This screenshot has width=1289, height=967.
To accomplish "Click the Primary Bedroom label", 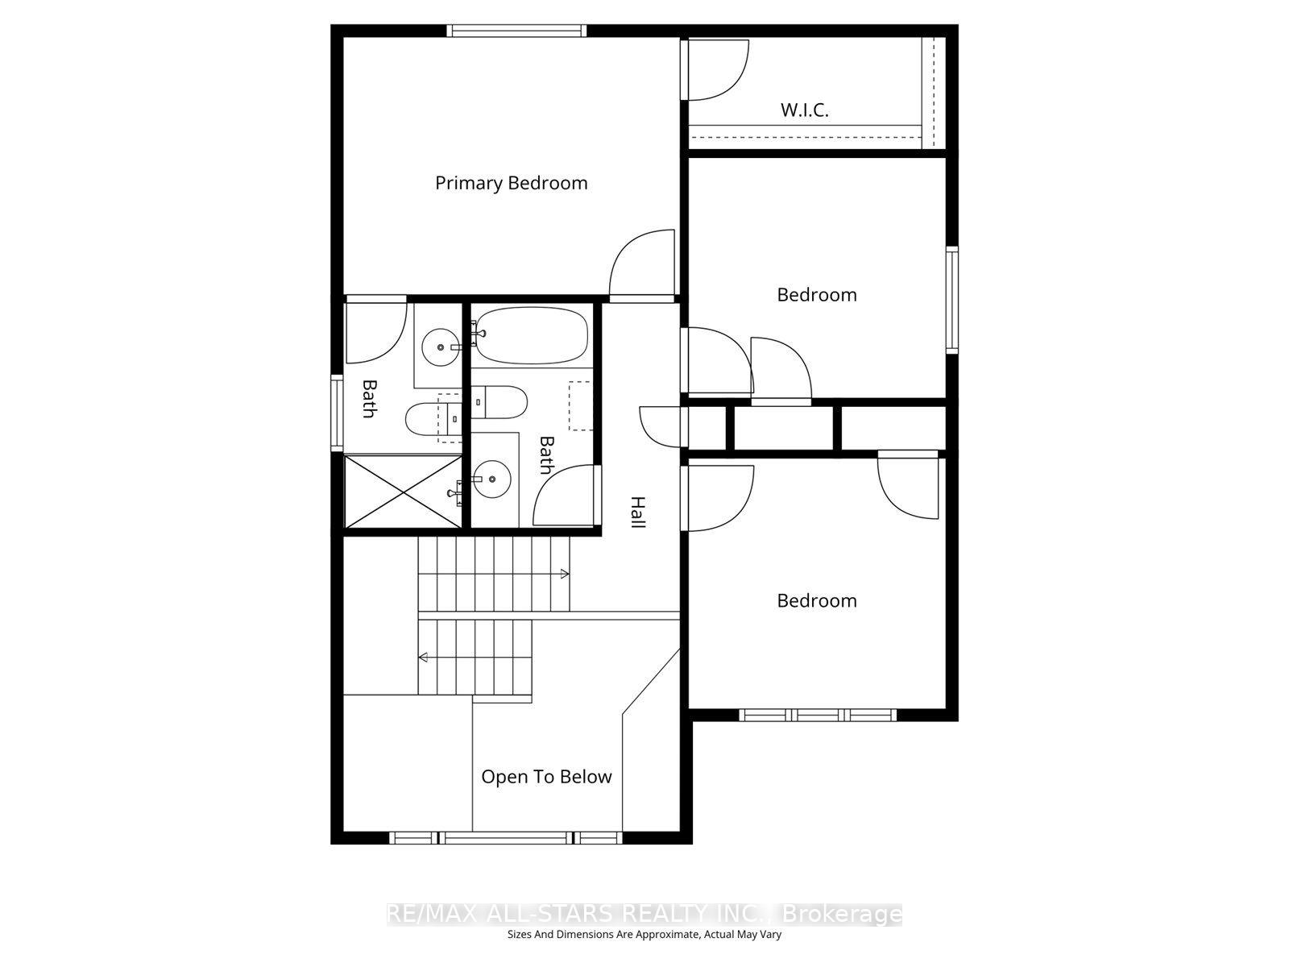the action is [511, 183].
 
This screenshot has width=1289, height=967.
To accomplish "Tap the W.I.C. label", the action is [804, 110].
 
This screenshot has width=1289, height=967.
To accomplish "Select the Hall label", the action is [638, 512].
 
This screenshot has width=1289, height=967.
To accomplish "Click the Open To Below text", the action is [546, 777].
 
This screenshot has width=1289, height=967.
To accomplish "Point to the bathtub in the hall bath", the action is [532, 336].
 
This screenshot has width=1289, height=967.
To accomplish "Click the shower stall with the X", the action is [403, 492].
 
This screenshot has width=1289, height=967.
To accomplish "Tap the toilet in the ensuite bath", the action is [433, 418].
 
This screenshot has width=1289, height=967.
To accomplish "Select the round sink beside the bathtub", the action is [441, 347].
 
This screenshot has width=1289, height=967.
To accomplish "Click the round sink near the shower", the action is [491, 479].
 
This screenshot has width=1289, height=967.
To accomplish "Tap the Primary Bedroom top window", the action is [516, 31].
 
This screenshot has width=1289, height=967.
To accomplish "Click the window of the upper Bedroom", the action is [952, 300].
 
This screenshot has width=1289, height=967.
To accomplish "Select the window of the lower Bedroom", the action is [818, 715].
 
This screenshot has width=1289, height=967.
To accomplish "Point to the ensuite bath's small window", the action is [337, 413].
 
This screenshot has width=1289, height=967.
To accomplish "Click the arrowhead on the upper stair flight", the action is [565, 574].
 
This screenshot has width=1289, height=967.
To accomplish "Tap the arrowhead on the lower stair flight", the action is [423, 658].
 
